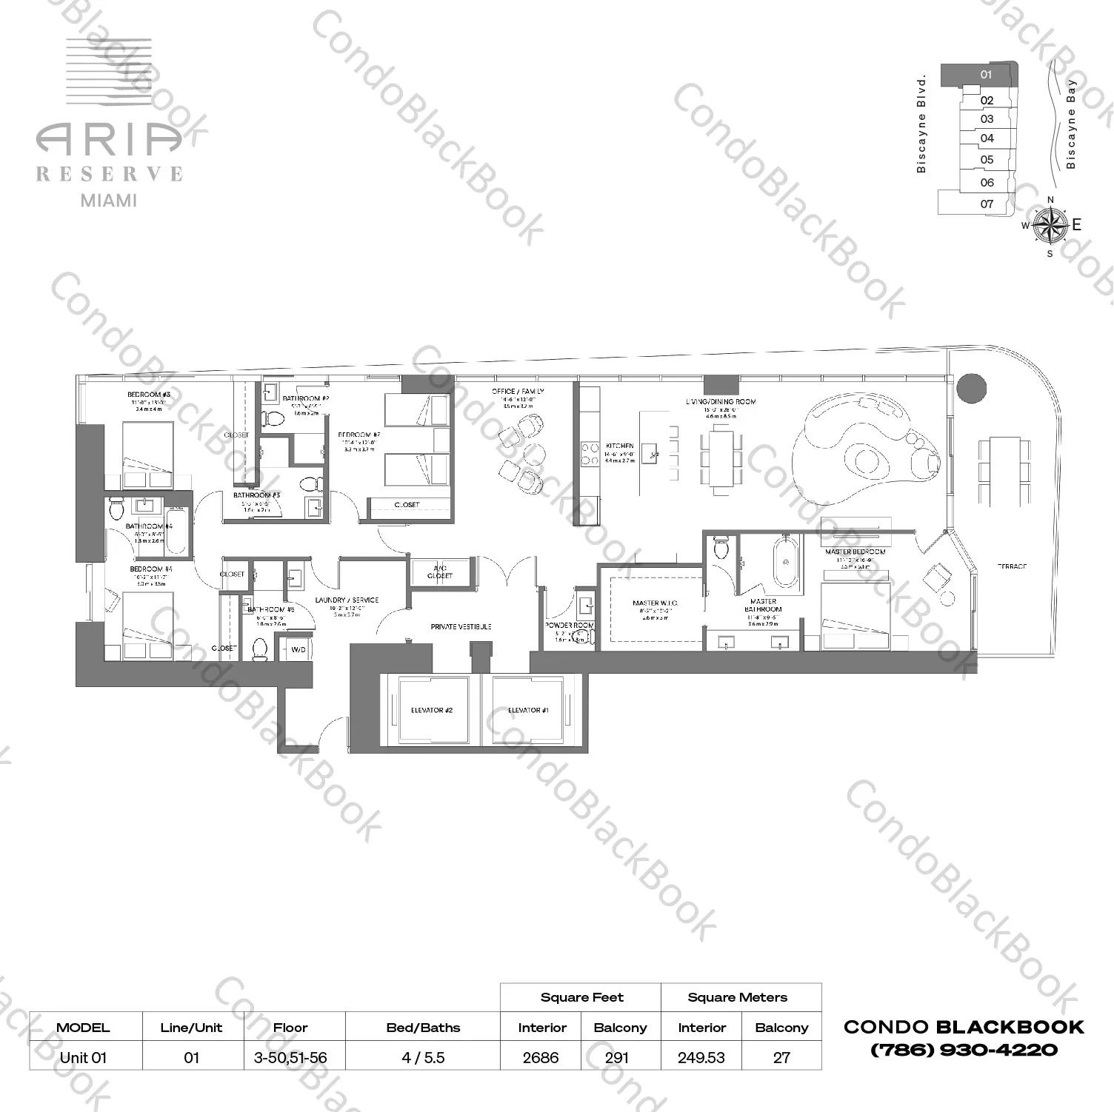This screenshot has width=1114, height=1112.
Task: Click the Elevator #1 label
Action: click(528, 711)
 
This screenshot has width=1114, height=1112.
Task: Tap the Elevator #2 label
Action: click(431, 711)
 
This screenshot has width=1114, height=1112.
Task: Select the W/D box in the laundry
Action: click(298, 650)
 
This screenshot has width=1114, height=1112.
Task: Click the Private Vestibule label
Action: click(461, 627)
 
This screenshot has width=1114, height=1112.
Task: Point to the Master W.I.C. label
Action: click(656, 603)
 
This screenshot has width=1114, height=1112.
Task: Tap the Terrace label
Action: click(1012, 566)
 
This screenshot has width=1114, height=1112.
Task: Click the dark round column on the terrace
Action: click(971, 387)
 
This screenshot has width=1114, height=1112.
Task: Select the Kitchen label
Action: click(619, 446)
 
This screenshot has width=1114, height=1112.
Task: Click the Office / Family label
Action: click(518, 391)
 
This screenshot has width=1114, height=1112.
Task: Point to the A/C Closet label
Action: click(440, 572)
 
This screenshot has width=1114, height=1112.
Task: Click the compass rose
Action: click(1049, 225)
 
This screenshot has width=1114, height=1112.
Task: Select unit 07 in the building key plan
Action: click(987, 204)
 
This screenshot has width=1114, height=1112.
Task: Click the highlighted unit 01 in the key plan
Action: click(985, 74)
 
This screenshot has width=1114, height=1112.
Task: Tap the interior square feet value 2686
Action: click(541, 1057)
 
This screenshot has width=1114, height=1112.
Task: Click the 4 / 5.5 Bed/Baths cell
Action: click(423, 1057)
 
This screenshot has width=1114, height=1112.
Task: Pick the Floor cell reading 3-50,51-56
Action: click(290, 1057)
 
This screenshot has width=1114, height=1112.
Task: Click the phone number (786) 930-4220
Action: click(964, 1050)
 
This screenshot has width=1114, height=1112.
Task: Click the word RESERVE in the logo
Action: click(110, 174)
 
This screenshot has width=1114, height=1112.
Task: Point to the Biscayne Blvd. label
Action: click(921, 124)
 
